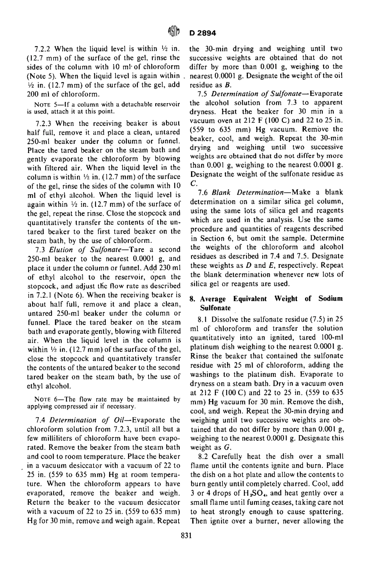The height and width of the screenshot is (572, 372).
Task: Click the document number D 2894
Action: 203,33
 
